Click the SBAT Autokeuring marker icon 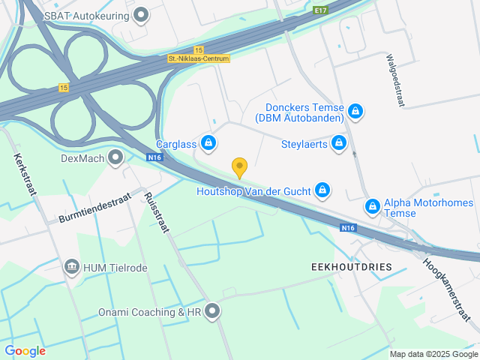[140, 14]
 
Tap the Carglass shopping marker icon [208, 142]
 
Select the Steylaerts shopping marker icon [340, 142]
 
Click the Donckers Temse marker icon [355, 112]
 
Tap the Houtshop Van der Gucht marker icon [322, 190]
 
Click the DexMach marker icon [115, 157]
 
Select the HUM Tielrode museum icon [72, 267]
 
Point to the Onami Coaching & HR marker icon [213, 310]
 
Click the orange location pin [239, 167]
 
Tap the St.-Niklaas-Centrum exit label [199, 58]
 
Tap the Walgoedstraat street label [394, 80]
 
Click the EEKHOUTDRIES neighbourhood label [351, 266]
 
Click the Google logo [25, 350]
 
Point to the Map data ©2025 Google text [433, 354]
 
